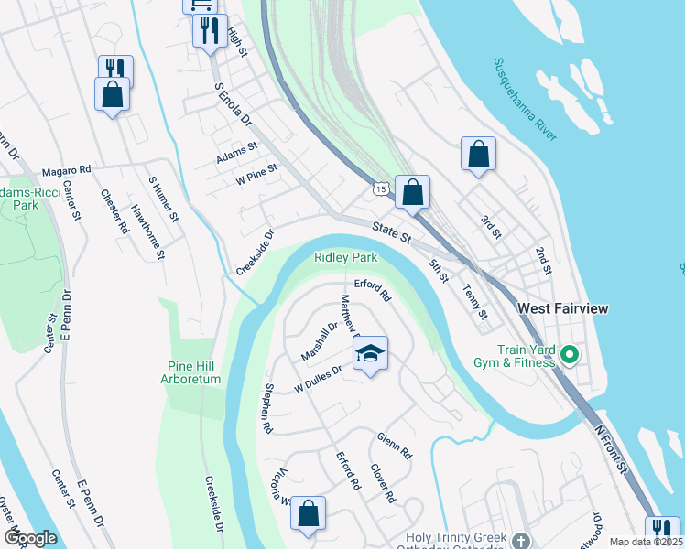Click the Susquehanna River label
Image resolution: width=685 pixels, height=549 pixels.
coord(525,100)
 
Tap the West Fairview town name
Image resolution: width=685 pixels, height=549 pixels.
coord(562,309)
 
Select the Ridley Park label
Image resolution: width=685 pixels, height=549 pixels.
coord(346,258)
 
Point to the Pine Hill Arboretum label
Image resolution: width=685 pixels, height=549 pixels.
coord(191,371)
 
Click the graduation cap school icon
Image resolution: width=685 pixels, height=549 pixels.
coord(370,354)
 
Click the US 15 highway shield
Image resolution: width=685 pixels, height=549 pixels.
coord(380,188)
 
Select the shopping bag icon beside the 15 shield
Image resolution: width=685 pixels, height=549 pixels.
coord(413,193)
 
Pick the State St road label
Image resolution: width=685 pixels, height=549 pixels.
coord(391,232)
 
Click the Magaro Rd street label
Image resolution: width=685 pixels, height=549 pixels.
coord(67,170)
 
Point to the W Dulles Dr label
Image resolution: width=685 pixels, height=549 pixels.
coord(318,380)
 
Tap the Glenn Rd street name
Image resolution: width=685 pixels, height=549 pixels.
coord(395,446)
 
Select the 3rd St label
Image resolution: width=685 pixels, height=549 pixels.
coord(491,227)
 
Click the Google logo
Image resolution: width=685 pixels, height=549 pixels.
coord(30,538)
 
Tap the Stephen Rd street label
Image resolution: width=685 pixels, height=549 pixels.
coord(267,407)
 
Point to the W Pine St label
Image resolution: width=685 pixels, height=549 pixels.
coord(256,175)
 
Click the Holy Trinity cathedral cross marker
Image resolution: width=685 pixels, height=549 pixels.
coord(521,540)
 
